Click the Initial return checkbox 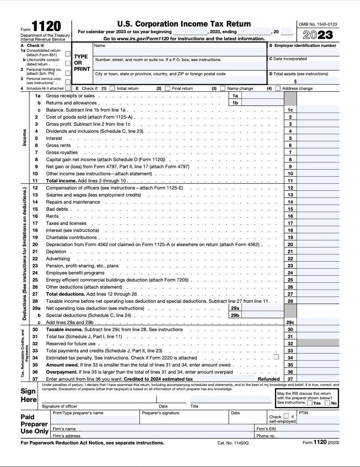[x=112, y=89]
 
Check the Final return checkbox [x=167, y=89]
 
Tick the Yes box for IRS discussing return [x=310, y=403]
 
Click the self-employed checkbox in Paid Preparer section [x=286, y=416]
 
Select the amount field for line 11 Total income [x=318, y=181]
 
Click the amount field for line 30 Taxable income [x=318, y=329]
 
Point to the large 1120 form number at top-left [x=46, y=26]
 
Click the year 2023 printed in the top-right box [x=317, y=35]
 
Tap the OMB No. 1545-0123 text [x=317, y=24]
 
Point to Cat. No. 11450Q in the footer [x=233, y=443]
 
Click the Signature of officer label [x=59, y=406]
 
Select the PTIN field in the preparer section [x=318, y=420]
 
